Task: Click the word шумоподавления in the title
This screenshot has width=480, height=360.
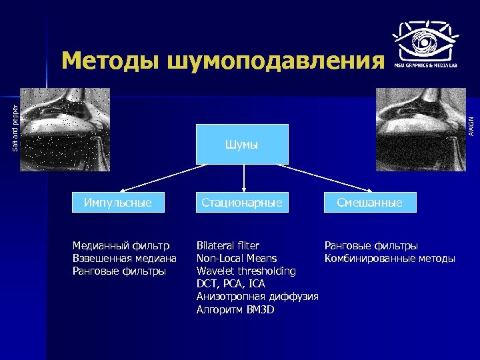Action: point(275,61)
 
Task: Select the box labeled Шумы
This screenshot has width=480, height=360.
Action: point(242,144)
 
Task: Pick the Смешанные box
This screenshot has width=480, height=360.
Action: point(369,202)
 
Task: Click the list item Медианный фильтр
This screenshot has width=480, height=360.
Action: point(121,245)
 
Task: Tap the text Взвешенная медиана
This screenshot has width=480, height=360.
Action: point(124,258)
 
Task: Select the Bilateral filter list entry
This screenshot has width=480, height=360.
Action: point(228,245)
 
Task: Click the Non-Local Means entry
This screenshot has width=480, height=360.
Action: point(237,258)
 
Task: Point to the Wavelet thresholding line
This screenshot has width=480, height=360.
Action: point(246,271)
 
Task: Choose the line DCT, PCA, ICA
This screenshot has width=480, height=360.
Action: point(231,284)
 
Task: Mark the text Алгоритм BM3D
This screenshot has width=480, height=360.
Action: point(235,310)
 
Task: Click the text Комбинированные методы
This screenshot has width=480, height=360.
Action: point(389,258)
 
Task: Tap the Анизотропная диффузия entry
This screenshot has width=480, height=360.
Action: point(257,297)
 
